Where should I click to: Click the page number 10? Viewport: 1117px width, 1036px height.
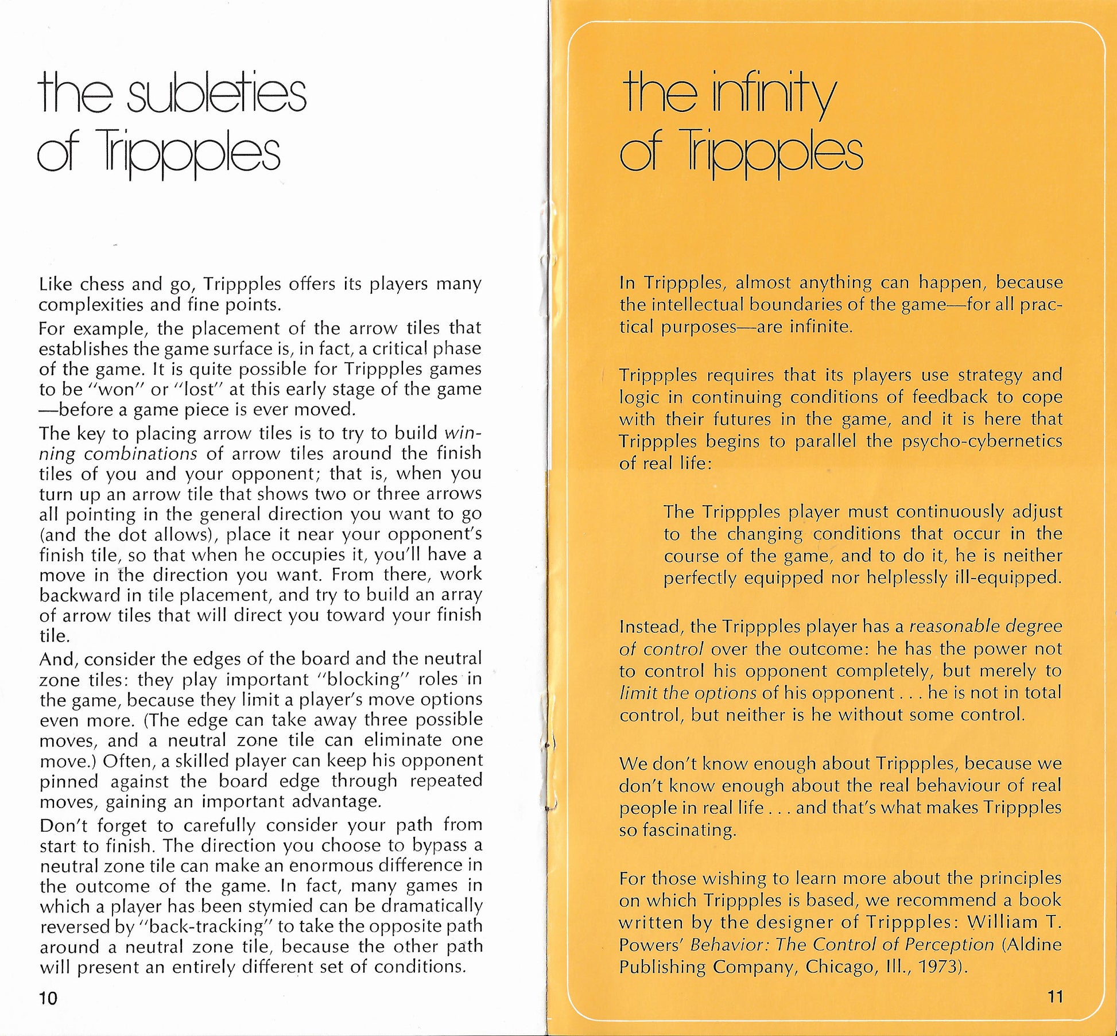49,999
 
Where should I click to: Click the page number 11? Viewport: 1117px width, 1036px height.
1055,996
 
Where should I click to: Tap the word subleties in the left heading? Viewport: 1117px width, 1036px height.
216,95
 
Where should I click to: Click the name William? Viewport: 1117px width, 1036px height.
1002,922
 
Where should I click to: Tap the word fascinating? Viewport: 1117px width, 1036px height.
678,830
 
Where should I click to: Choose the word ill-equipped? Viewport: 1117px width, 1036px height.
1008,577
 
